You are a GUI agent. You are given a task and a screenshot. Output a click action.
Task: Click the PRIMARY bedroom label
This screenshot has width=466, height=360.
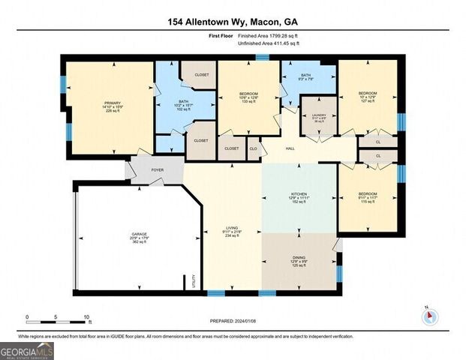coord(113,103)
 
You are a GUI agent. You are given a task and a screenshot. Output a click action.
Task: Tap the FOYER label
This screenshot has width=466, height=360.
coord(158,170)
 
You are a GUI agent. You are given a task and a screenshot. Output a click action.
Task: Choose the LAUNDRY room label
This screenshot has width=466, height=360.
coord(319,116)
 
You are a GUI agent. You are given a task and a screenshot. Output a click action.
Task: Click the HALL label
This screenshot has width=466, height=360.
coord(290,149)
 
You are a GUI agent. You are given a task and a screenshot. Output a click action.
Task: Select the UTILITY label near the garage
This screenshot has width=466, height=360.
coord(194,280)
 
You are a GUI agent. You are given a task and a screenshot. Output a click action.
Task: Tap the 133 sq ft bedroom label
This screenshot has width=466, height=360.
coord(248,97)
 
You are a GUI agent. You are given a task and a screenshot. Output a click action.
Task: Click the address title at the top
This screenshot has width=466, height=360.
coord(233,22)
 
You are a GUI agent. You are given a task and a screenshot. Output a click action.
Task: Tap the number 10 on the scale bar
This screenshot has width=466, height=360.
coord(87,317)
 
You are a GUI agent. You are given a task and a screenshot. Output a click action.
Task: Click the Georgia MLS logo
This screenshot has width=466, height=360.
coord(27,350)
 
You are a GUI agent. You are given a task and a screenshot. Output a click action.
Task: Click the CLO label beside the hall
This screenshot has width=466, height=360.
coord(253,149)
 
